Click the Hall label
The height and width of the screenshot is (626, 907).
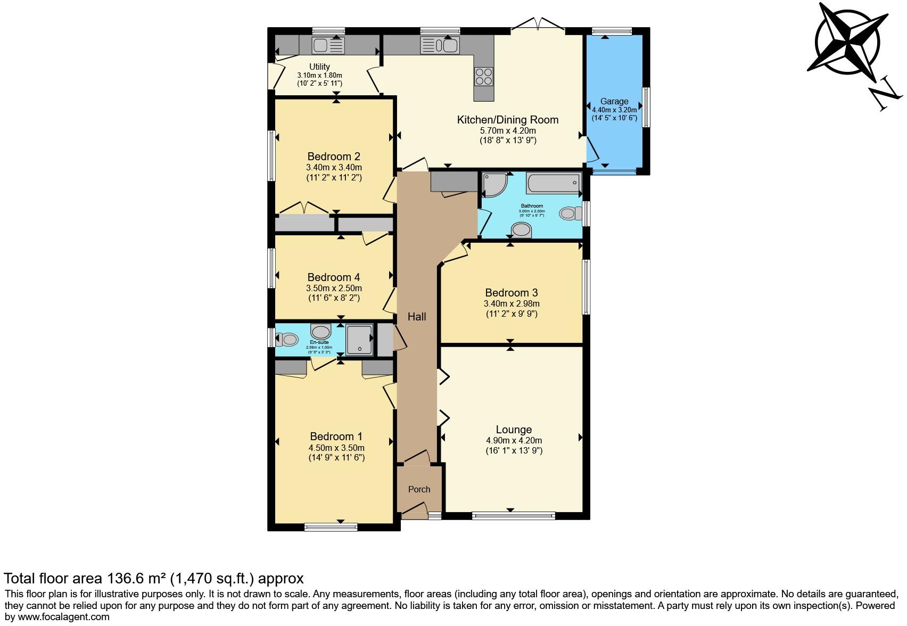417,317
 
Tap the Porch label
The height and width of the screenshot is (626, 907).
419,489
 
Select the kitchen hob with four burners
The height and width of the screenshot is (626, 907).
483,76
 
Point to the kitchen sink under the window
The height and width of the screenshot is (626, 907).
440,46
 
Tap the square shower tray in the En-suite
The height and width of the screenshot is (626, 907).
360,340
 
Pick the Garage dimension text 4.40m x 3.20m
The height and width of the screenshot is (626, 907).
614,110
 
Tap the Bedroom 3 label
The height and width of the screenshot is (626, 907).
511,293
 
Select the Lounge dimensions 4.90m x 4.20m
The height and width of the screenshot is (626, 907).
514,441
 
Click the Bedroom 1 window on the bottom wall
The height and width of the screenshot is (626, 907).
331,527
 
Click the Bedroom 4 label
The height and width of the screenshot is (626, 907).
334,277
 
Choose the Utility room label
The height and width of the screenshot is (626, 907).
319,67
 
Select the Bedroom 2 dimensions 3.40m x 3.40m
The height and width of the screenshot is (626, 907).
334,168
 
